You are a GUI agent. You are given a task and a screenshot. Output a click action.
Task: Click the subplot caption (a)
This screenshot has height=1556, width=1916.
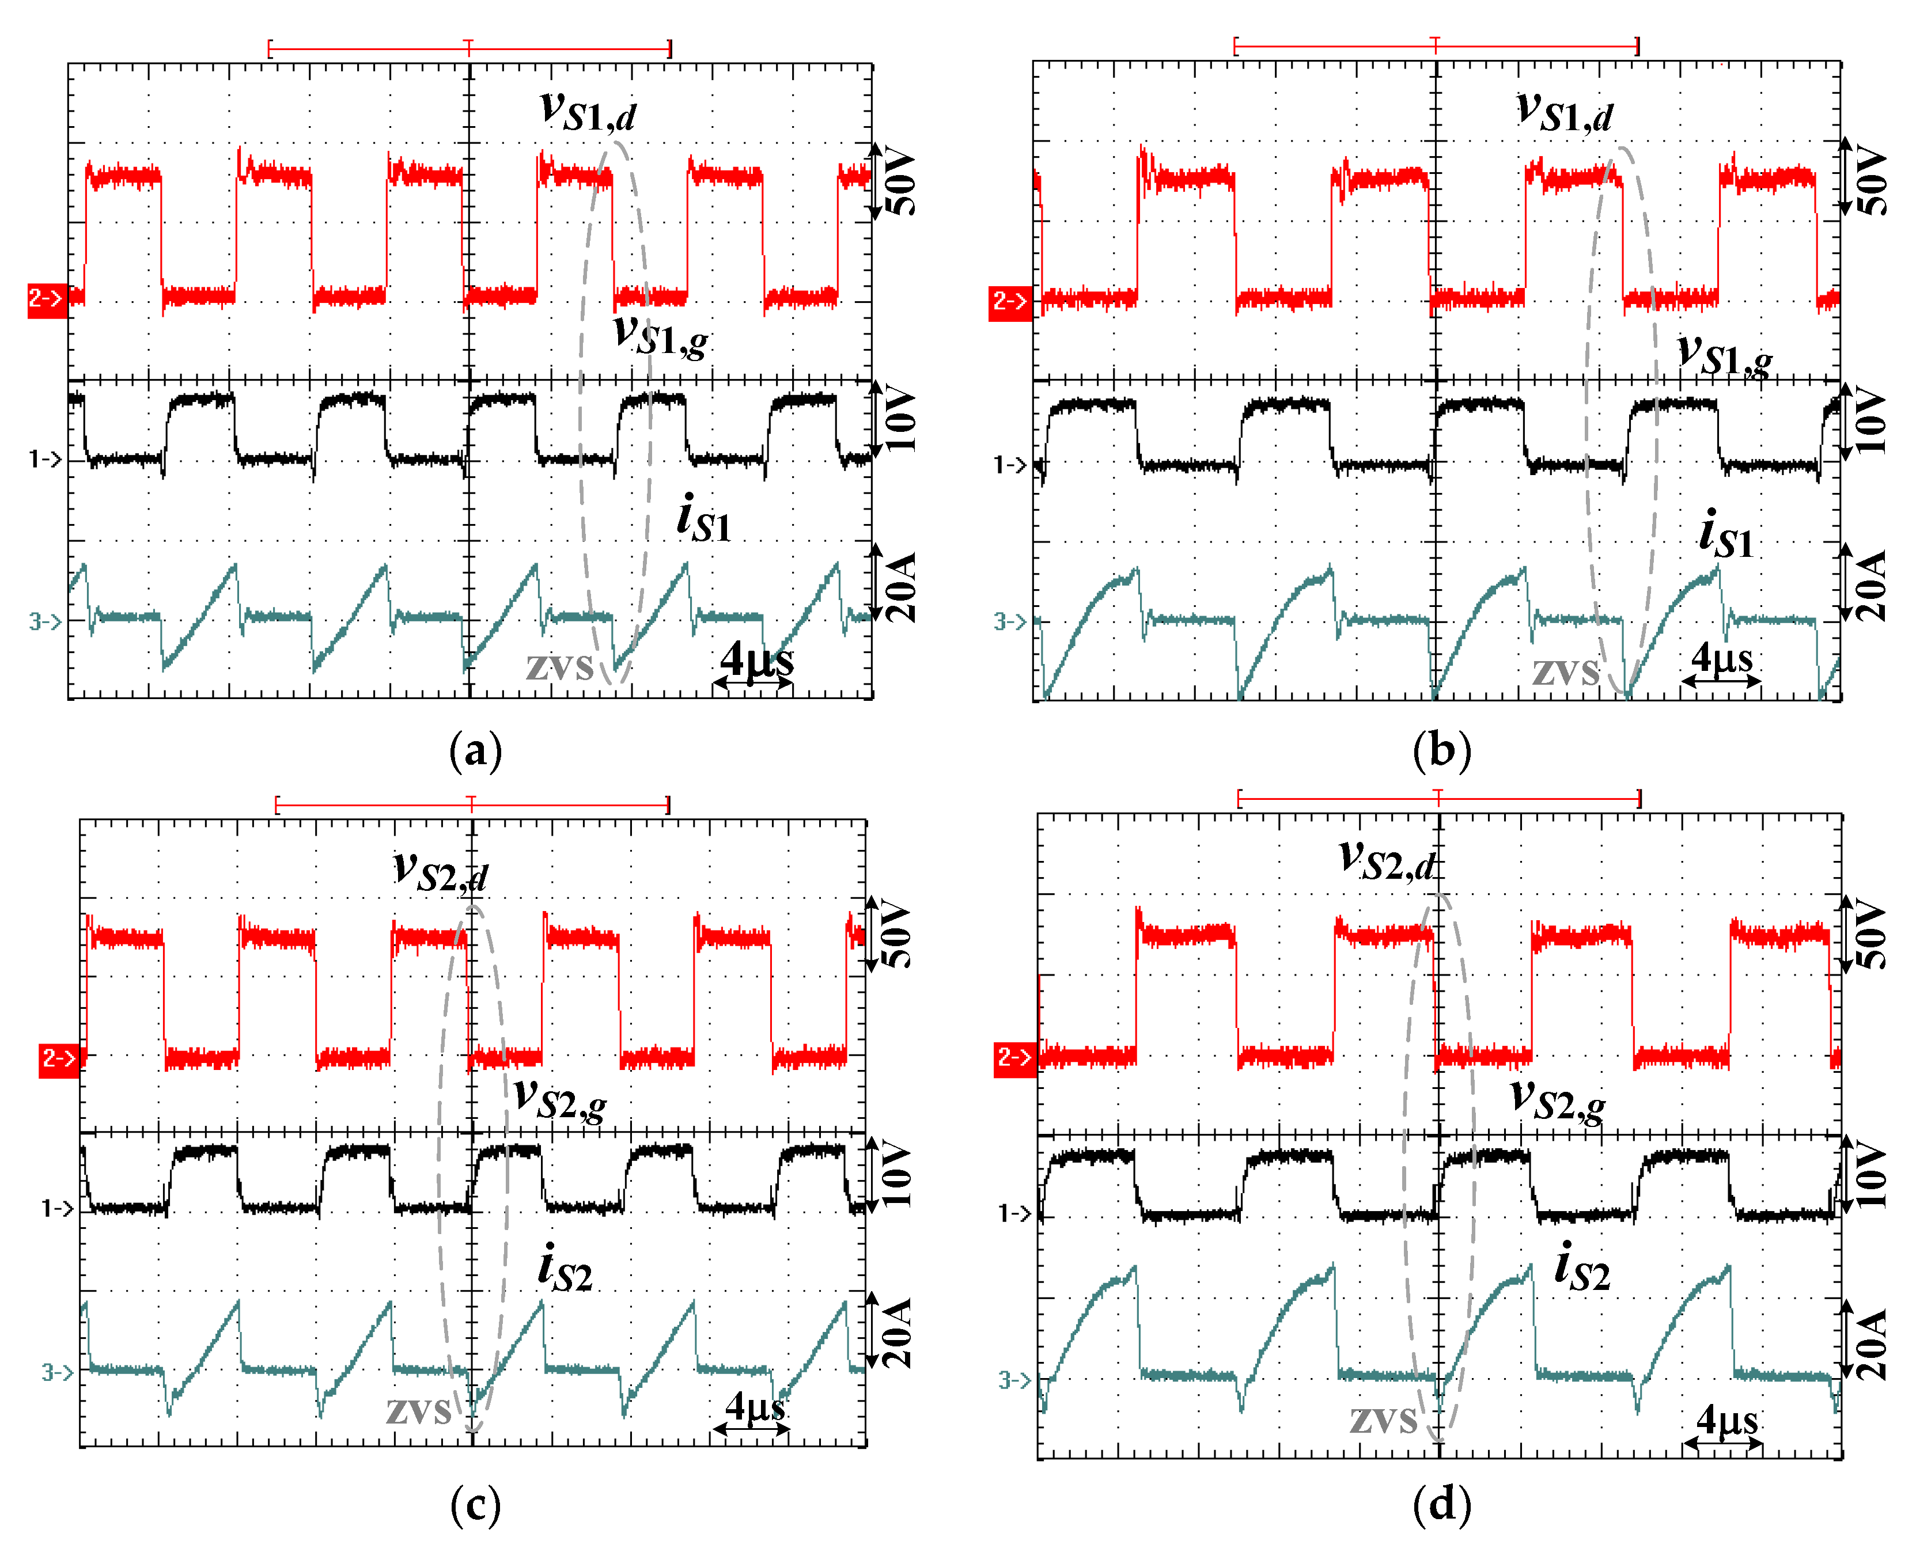(475, 751)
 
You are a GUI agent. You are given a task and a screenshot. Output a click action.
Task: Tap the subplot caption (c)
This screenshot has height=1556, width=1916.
(475, 1506)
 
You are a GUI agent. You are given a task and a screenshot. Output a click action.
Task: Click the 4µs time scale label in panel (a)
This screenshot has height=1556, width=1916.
(757, 662)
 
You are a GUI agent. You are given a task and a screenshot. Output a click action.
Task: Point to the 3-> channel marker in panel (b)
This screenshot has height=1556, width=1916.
(1010, 621)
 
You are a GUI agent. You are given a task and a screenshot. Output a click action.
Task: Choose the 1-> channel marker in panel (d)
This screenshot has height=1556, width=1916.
(1015, 1213)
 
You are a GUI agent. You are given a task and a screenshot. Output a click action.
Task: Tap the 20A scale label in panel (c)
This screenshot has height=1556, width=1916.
(896, 1333)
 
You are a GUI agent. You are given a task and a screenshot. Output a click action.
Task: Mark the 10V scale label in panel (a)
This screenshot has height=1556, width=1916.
(900, 419)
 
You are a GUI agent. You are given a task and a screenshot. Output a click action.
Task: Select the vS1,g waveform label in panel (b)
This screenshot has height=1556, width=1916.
(1725, 356)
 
